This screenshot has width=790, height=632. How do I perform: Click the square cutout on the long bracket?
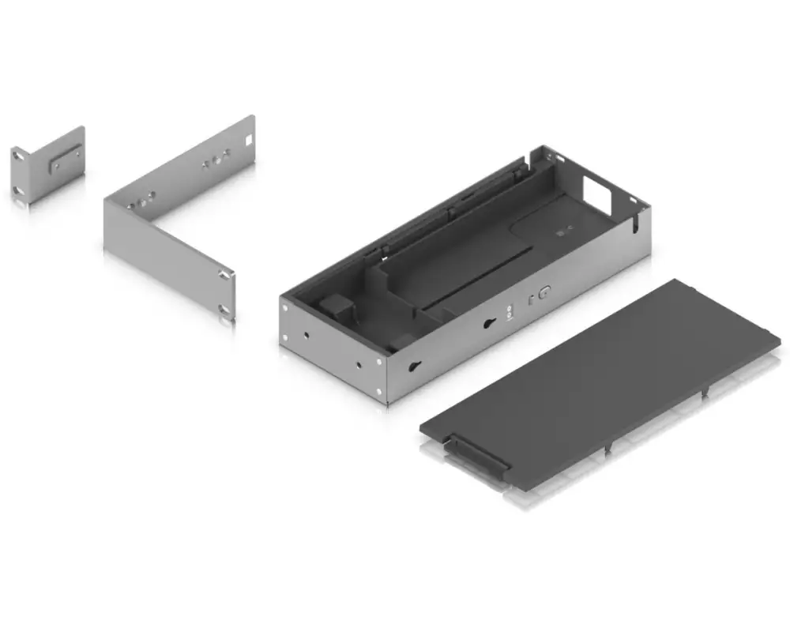click(248, 140)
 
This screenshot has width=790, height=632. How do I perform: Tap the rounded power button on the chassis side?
click(544, 293)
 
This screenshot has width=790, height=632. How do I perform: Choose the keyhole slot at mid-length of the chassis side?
click(490, 323)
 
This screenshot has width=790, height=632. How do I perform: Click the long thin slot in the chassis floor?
click(482, 276)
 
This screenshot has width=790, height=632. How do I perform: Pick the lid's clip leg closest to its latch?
click(608, 448)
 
